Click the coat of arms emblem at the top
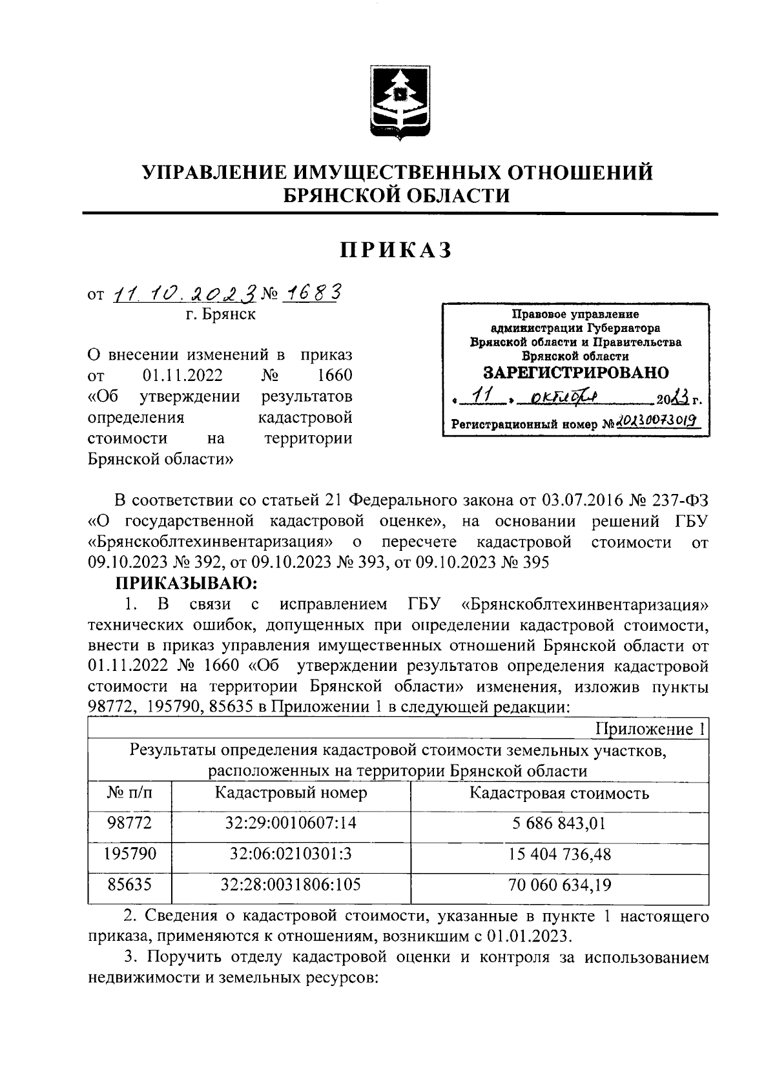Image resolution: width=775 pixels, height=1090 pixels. (396, 103)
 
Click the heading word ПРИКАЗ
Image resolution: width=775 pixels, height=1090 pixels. (396, 250)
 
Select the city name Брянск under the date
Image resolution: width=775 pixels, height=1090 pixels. (229, 314)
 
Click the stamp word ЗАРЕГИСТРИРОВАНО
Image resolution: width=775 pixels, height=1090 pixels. (576, 373)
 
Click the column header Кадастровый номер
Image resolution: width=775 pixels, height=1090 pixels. (291, 793)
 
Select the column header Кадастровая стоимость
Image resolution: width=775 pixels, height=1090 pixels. (559, 793)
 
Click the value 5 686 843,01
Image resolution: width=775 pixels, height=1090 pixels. (559, 823)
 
